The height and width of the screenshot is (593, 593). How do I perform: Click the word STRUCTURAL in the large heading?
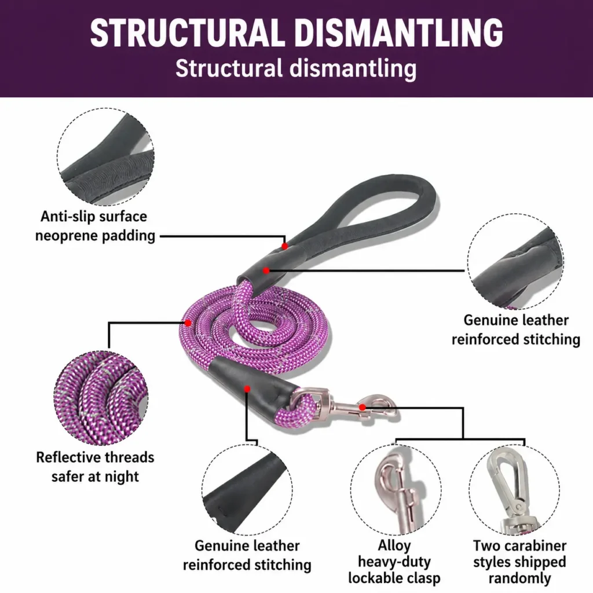(x=187, y=32)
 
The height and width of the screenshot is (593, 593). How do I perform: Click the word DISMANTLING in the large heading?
(x=398, y=32)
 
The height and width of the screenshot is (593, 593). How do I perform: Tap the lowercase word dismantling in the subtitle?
(x=353, y=69)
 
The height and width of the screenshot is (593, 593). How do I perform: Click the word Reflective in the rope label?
(x=68, y=457)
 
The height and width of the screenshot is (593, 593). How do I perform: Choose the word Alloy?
(x=394, y=546)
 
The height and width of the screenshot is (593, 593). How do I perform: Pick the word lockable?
(x=374, y=578)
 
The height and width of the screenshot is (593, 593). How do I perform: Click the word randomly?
(x=519, y=579)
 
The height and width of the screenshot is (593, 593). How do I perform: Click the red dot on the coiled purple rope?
(x=188, y=323)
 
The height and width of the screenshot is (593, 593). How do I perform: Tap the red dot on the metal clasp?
(x=363, y=407)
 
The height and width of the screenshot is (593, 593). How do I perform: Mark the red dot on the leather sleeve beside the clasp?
(x=247, y=389)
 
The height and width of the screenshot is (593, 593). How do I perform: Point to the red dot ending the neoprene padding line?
(x=285, y=246)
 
